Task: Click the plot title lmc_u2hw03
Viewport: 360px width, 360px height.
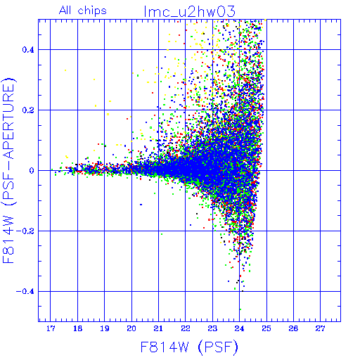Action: coord(189,12)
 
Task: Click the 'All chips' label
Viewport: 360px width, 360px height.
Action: coord(83,11)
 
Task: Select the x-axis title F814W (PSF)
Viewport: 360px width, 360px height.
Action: coord(189,347)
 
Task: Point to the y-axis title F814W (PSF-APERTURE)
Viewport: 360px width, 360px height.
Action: coord(9,170)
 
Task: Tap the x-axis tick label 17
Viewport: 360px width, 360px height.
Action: coord(51,328)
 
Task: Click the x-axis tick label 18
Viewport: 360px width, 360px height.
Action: coord(77,328)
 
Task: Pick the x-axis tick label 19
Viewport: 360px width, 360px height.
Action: coord(105,328)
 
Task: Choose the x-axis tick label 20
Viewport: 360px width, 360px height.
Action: coord(131,328)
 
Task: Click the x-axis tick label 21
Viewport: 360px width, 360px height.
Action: coord(158,328)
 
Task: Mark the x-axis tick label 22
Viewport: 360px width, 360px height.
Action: coord(186,328)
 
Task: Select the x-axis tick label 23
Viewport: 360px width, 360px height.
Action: coord(212,328)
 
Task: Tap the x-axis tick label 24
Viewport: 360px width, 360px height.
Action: coord(239,328)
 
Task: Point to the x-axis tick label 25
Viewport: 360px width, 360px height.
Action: coord(266,328)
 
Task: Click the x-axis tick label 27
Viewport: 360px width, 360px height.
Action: coord(320,328)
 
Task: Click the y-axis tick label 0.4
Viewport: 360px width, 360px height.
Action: coord(28,50)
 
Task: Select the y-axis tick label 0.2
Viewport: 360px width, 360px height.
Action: coord(28,110)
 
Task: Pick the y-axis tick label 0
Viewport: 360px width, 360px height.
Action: coord(32,171)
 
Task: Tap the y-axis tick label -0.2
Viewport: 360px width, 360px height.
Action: coord(25,231)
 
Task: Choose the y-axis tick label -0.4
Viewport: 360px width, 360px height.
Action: coord(25,292)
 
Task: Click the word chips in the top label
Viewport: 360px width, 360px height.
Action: coord(92,11)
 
